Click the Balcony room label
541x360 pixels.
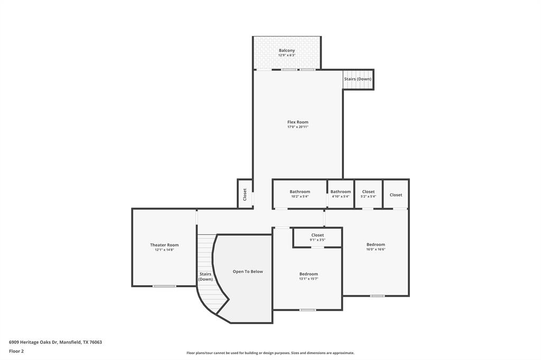coord(287,51)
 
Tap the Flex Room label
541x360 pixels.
coord(297,122)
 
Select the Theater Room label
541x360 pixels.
coord(164,245)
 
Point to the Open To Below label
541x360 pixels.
coord(248,272)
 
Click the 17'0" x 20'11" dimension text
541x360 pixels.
coord(297,127)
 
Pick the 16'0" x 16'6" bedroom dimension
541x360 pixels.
coord(376,249)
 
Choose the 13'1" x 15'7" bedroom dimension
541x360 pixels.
coord(309,279)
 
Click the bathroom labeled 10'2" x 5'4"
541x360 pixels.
coord(300,194)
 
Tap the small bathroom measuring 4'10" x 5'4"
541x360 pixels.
coord(341,194)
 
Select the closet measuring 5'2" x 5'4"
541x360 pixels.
coord(368,194)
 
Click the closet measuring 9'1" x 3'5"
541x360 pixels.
coord(318,238)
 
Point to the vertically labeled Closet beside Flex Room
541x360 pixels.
coord(245,194)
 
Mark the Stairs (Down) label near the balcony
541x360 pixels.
coord(358,79)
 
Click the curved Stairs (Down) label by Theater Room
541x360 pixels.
coord(206,277)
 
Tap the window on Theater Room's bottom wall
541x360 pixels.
coord(164,286)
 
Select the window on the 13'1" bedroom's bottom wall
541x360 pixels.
coord(307,310)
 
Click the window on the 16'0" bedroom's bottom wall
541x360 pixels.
coord(377,296)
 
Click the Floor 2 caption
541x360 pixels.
coord(16,351)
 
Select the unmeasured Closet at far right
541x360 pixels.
coord(396,195)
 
